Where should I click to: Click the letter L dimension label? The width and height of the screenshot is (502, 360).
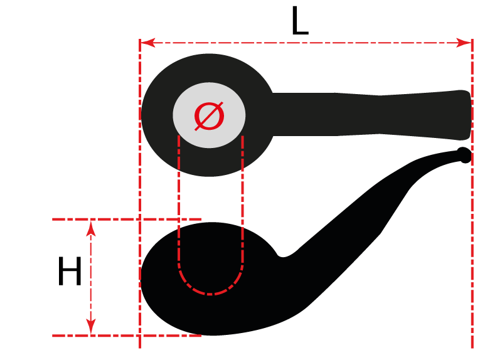[300, 21]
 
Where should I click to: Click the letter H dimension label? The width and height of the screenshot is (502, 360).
[70, 271]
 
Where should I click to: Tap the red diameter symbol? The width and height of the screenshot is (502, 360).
[210, 116]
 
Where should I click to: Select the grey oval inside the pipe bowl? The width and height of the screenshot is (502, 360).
[209, 115]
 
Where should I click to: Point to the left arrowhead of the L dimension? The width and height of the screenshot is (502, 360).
[148, 43]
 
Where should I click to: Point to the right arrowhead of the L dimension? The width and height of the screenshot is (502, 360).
[464, 43]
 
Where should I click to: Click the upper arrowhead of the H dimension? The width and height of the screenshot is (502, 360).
[91, 228]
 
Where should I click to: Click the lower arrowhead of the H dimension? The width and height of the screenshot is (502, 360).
[91, 327]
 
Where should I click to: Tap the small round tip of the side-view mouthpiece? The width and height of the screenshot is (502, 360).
[464, 155]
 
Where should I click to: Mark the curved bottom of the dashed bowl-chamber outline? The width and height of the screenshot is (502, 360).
[210, 281]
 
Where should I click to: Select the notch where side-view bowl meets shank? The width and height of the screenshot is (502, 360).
[282, 255]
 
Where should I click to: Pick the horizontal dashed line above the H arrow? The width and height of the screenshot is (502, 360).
[127, 220]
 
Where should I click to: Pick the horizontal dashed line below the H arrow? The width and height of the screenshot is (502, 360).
[127, 336]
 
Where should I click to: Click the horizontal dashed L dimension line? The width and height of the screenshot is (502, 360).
[306, 43]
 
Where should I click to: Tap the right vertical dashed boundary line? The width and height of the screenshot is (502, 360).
[473, 194]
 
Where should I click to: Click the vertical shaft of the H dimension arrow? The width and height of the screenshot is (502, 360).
[91, 278]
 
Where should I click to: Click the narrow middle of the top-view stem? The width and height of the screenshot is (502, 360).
[380, 115]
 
